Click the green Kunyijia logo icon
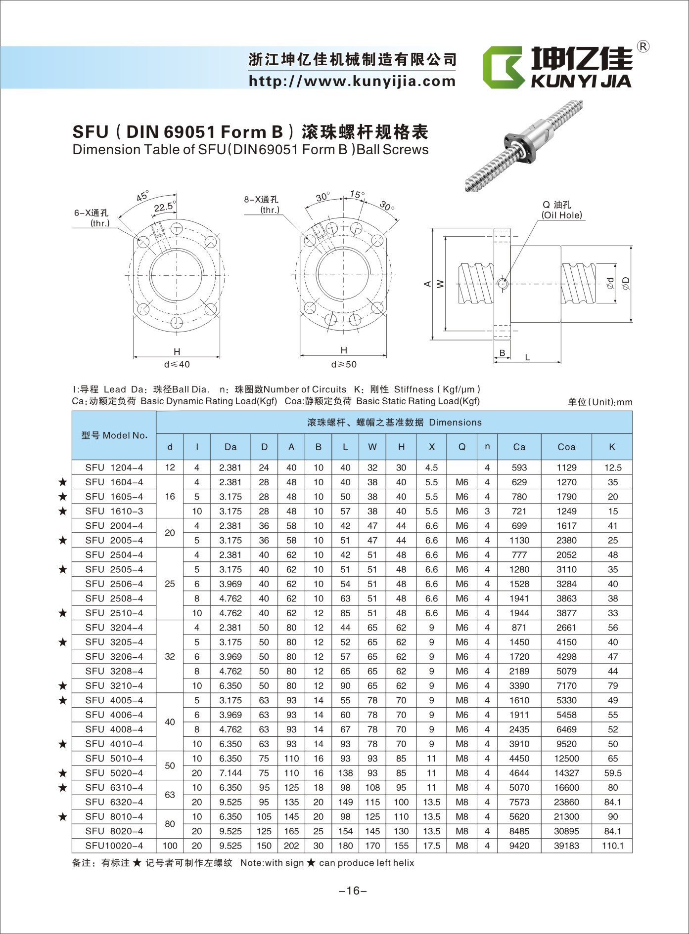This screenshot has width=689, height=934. coord(503,68)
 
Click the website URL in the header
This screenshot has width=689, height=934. coord(352,81)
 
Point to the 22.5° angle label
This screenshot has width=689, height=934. coord(164,207)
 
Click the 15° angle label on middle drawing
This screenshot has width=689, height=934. coord(357,194)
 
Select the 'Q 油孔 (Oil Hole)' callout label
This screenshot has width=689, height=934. coord(561,210)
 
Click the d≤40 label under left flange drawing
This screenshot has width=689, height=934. coord(177,364)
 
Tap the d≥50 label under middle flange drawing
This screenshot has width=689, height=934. coord(344,364)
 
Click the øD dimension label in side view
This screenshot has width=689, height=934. coord(626,283)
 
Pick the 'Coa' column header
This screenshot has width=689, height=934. coord(566,447)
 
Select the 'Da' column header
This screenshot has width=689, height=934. coord(230,447)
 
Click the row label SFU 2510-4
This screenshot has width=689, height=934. coord(114,613)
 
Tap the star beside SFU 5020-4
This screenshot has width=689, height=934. coord(62,773)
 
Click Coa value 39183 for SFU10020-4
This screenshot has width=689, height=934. coord(566,846)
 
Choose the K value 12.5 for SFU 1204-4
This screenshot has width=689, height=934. coord(612,467)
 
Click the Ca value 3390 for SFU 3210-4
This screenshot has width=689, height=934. coord(519,685)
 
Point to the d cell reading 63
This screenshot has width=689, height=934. coord(170,795)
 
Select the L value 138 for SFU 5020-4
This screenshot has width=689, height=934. coord(345,773)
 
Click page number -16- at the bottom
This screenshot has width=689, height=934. coord(353,891)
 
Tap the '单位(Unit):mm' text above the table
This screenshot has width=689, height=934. coord(599,402)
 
